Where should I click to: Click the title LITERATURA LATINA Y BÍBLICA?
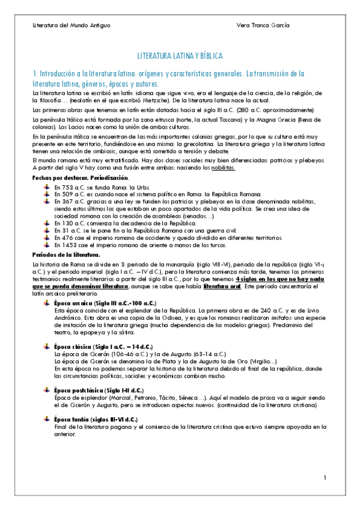point(180,56)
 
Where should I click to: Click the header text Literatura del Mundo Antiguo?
point(72,25)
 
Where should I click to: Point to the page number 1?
point(324,478)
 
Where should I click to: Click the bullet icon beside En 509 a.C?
point(47,194)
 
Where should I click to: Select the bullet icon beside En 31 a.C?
point(47,230)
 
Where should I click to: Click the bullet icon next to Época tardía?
point(47,419)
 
